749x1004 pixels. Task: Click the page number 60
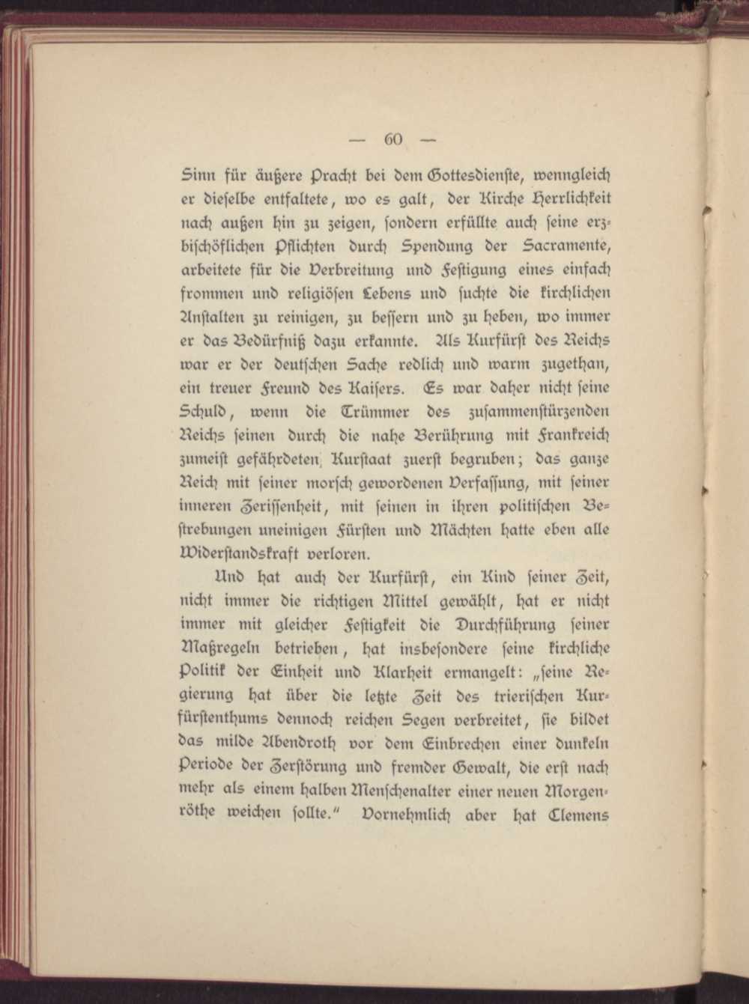[x=394, y=140]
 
